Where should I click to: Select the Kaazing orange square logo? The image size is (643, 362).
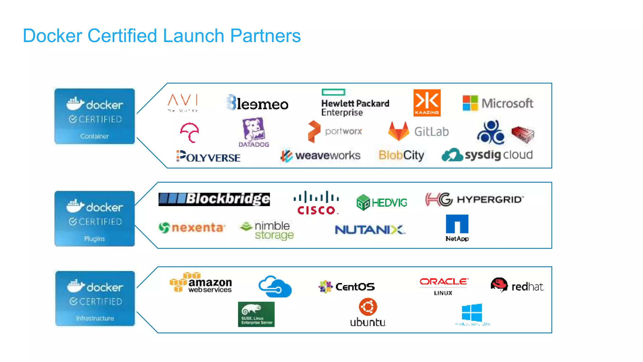pos(427,103)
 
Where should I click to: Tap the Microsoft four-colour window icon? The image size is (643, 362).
pos(470,103)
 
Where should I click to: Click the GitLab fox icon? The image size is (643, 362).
pos(398,131)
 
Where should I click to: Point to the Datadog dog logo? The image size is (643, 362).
pos(254,129)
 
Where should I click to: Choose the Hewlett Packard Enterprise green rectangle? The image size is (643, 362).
pos(333,92)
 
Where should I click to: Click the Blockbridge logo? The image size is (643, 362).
pos(214,199)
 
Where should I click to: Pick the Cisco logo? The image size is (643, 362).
pos(316,203)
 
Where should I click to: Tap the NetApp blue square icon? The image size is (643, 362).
pos(457,224)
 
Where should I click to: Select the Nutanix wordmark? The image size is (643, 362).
pos(370,230)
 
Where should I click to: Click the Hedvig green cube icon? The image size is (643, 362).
pos(363,202)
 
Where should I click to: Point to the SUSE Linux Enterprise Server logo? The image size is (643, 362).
pos(256,314)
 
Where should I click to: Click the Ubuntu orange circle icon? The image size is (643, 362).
pos(368,307)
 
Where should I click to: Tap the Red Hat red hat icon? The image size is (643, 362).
pos(499,284)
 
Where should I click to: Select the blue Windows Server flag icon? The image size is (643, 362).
pos(472,312)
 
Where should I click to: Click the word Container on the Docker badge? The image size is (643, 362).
pos(94,136)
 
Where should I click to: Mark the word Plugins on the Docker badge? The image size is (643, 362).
pos(94,239)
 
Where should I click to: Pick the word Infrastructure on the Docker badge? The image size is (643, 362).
pos(95,318)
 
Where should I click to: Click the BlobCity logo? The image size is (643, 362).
pos(401,155)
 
